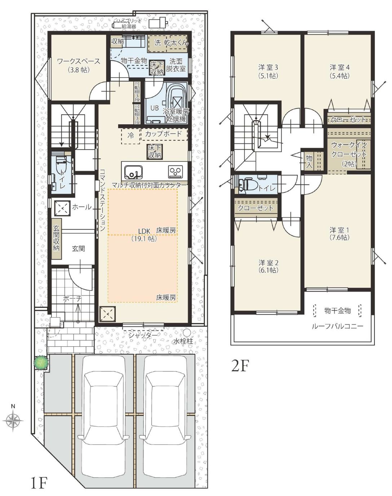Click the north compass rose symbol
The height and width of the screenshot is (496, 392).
coord(13,420)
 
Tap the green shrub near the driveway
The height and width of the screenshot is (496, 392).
coord(41,362)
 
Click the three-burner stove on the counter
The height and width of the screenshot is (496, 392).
coord(176,172)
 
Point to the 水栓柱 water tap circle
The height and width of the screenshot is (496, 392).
coord(187,333)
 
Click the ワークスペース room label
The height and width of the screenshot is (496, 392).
coord(79,61)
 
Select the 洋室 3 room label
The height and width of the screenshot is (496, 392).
coord(268,68)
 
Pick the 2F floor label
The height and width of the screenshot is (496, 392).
coord(241,365)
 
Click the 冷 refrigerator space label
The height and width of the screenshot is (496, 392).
coord(131,135)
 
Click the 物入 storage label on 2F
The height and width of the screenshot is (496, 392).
coord(309,161)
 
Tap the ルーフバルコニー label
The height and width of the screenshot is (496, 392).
coord(338,326)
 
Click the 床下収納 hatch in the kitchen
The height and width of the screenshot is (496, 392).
coord(155,152)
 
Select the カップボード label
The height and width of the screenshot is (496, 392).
coord(163,134)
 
